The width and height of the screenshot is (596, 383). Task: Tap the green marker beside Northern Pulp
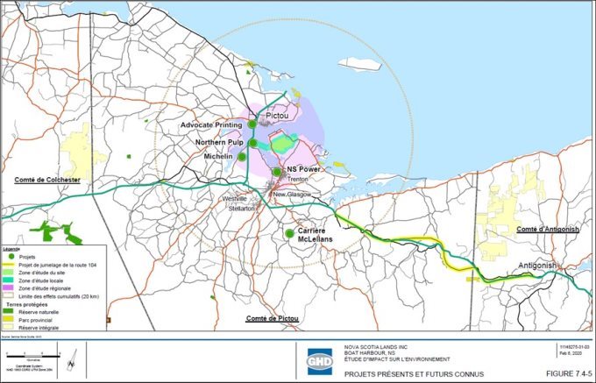tap(252, 143)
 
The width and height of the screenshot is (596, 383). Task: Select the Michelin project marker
tap(243, 157)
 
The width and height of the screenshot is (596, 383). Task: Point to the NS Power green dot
tap(278, 171)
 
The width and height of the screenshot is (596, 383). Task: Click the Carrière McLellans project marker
tap(289, 233)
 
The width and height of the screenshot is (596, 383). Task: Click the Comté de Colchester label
tap(47, 180)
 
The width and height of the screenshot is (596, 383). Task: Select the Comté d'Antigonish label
tap(548, 229)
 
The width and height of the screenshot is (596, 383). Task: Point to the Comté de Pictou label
tap(273, 317)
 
